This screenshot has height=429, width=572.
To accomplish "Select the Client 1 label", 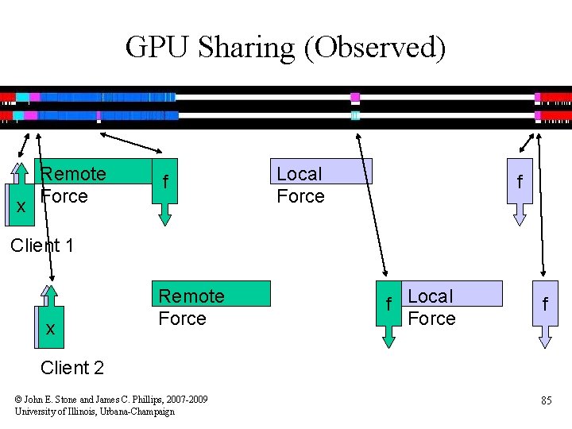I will pos(42,245).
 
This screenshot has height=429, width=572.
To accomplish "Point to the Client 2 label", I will pos(72,368).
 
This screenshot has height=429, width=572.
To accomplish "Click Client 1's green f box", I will pos(164,183).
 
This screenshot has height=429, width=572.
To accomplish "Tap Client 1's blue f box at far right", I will pos(520,182).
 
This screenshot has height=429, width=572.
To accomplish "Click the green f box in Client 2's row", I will pos(388,305).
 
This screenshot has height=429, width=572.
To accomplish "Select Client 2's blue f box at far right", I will pos(545,305).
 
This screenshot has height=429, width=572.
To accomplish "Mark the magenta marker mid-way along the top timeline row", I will pos(355,98).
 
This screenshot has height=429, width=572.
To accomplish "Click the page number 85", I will pos(546,400).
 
